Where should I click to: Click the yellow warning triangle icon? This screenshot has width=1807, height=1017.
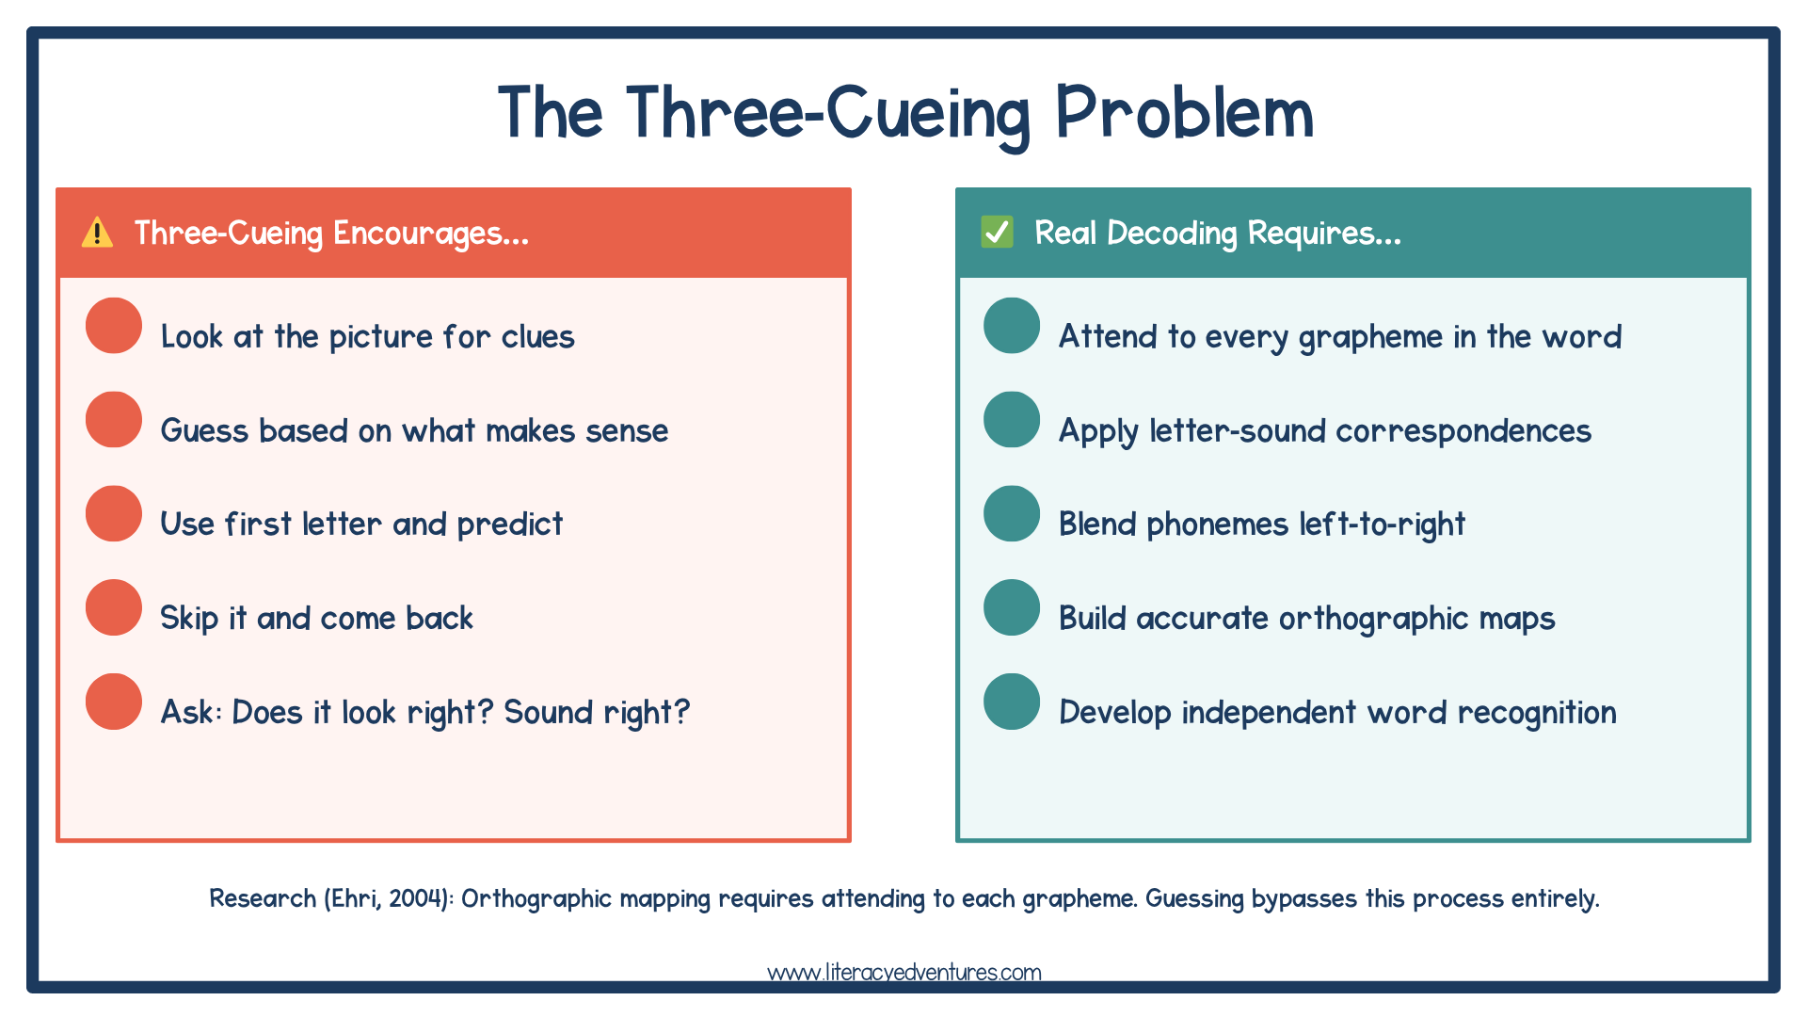click(97, 233)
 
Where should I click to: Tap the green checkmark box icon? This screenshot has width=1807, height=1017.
click(997, 232)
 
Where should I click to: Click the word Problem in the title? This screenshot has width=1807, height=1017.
click(1183, 113)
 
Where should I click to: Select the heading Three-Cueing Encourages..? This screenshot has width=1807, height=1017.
click(331, 233)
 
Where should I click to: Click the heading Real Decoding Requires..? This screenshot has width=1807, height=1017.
click(1217, 233)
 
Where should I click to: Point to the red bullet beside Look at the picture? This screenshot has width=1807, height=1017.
click(114, 326)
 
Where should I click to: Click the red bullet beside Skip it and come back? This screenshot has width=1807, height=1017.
click(114, 607)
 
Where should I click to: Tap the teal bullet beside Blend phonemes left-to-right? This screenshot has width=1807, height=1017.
click(1012, 513)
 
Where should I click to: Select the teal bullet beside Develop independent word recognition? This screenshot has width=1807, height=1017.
click(1012, 702)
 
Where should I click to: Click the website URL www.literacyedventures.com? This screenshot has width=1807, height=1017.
click(903, 972)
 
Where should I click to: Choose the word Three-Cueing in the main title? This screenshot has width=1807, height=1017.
click(828, 113)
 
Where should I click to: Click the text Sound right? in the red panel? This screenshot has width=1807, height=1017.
click(597, 713)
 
